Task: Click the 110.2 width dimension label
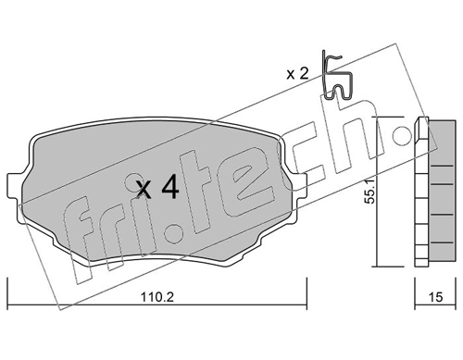point(157,297)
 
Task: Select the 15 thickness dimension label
point(435,297)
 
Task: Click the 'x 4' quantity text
point(157,186)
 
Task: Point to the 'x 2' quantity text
point(297,74)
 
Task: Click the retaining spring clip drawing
point(336,76)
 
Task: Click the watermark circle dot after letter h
point(402,135)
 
